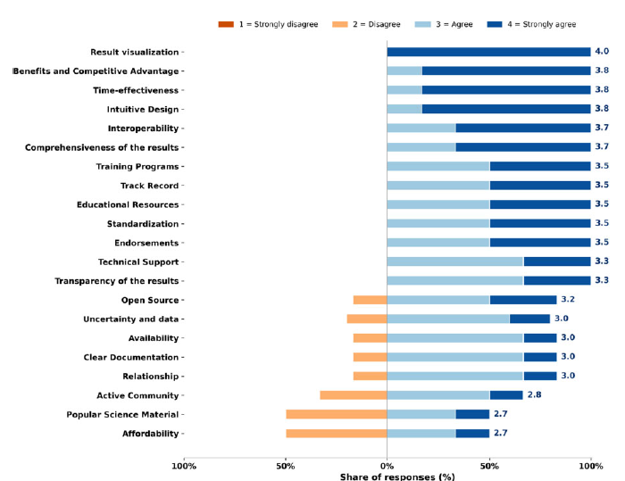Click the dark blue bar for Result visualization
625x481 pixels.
point(488,52)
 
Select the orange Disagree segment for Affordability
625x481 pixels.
point(337,434)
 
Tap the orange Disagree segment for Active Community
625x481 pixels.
point(354,395)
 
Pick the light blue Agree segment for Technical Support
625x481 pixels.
point(455,261)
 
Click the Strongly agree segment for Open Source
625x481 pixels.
point(523,300)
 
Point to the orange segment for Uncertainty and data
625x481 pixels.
point(367,319)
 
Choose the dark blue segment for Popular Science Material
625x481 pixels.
point(472,414)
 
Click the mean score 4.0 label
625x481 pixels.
point(602,52)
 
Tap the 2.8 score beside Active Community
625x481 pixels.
point(534,395)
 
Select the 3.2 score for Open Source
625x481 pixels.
point(568,299)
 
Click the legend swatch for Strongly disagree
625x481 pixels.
point(226,24)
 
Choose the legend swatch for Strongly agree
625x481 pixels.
point(495,24)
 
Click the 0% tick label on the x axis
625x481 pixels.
point(387,466)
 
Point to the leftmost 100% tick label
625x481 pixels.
point(184,466)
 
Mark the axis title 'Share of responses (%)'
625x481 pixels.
point(397,477)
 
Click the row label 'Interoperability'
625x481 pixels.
point(143,129)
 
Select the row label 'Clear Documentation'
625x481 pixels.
point(131,358)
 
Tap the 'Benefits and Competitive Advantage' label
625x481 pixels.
point(96,71)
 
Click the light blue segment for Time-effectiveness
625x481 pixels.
point(404,90)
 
